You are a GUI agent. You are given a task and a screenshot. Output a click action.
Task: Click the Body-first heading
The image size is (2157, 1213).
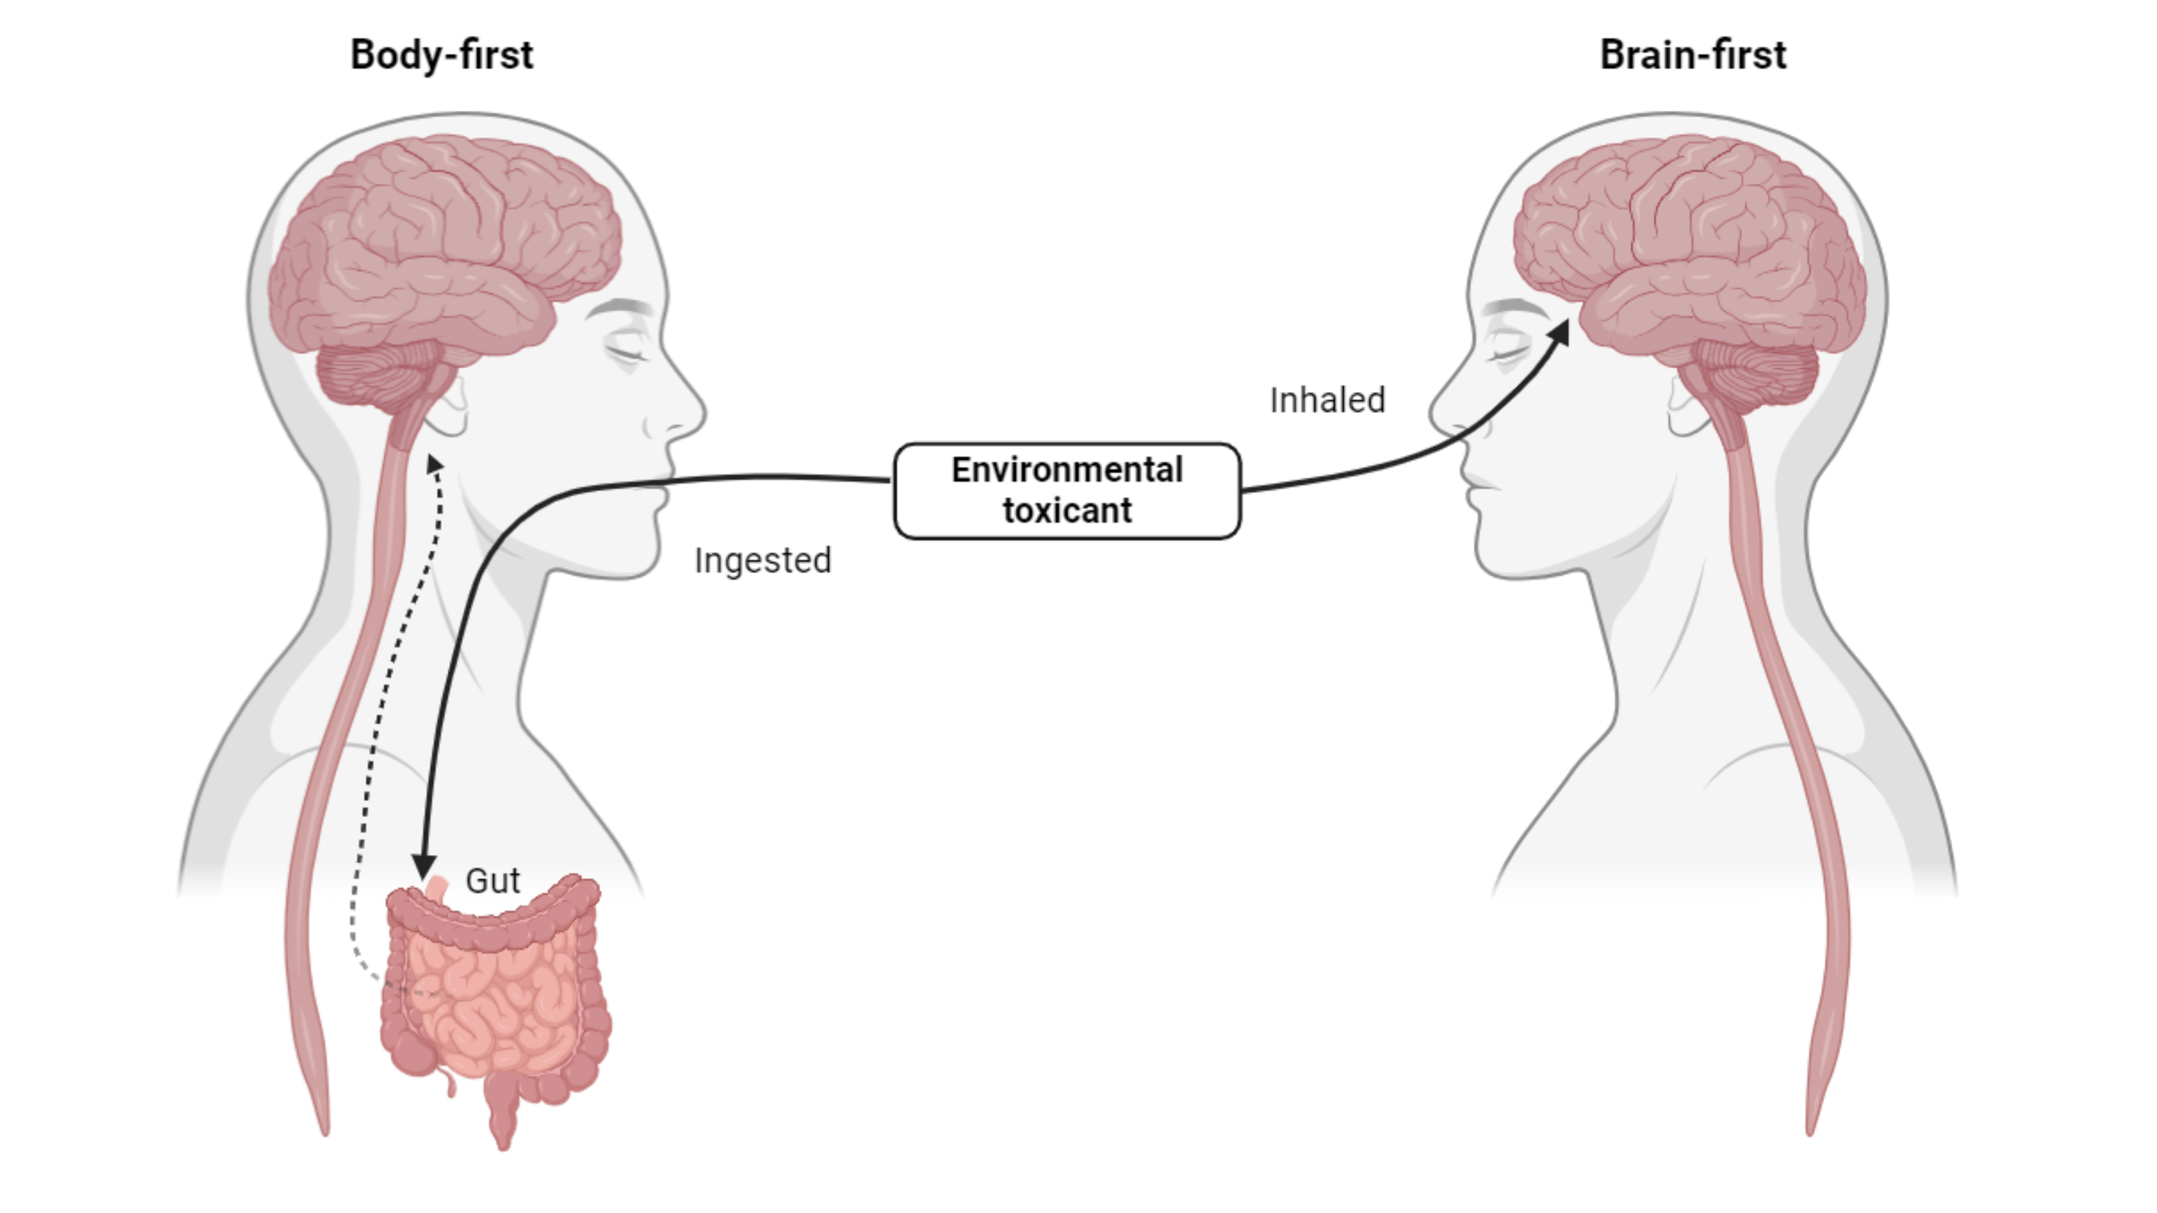[441, 55]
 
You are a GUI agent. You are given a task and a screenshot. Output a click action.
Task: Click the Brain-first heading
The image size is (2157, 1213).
[1692, 55]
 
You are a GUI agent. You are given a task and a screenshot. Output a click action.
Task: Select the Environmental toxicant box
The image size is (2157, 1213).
[1067, 491]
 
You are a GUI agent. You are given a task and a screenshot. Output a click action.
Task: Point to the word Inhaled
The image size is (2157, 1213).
[1327, 400]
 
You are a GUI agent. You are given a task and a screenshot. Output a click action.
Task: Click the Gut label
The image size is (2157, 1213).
[493, 881]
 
